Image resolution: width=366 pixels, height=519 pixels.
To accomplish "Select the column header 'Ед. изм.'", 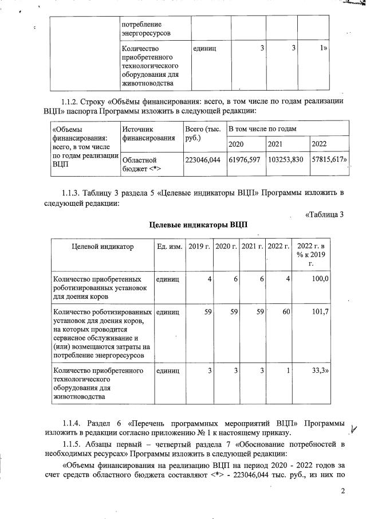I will pos(170,247).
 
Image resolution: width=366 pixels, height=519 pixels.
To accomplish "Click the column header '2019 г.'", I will pos(200,247).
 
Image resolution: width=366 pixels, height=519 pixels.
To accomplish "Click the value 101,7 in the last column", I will pos(319,313).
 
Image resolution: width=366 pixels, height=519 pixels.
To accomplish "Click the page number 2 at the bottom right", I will pos(343,491).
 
